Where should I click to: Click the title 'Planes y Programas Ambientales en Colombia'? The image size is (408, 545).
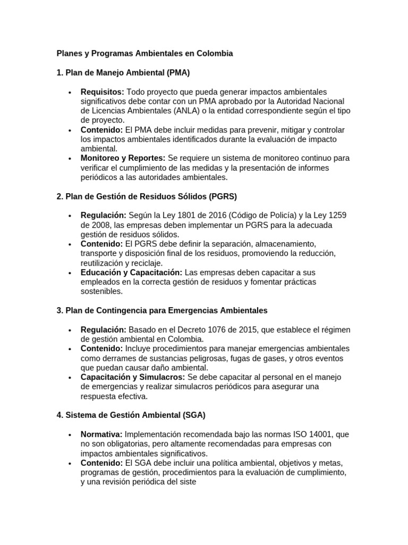pyautogui.click(x=144, y=54)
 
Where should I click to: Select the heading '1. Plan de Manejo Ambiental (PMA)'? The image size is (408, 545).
pyautogui.click(x=123, y=72)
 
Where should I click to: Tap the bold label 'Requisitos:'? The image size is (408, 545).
pyautogui.click(x=103, y=92)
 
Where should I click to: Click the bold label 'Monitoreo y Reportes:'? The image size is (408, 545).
pyautogui.click(x=123, y=158)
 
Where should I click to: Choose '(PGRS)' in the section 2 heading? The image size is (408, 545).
pyautogui.click(x=218, y=196)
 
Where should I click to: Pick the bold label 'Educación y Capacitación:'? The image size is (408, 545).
pyautogui.click(x=131, y=272)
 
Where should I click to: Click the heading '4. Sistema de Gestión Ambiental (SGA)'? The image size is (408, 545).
pyautogui.click(x=131, y=415)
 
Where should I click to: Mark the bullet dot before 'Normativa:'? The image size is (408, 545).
pyautogui.click(x=70, y=435)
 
